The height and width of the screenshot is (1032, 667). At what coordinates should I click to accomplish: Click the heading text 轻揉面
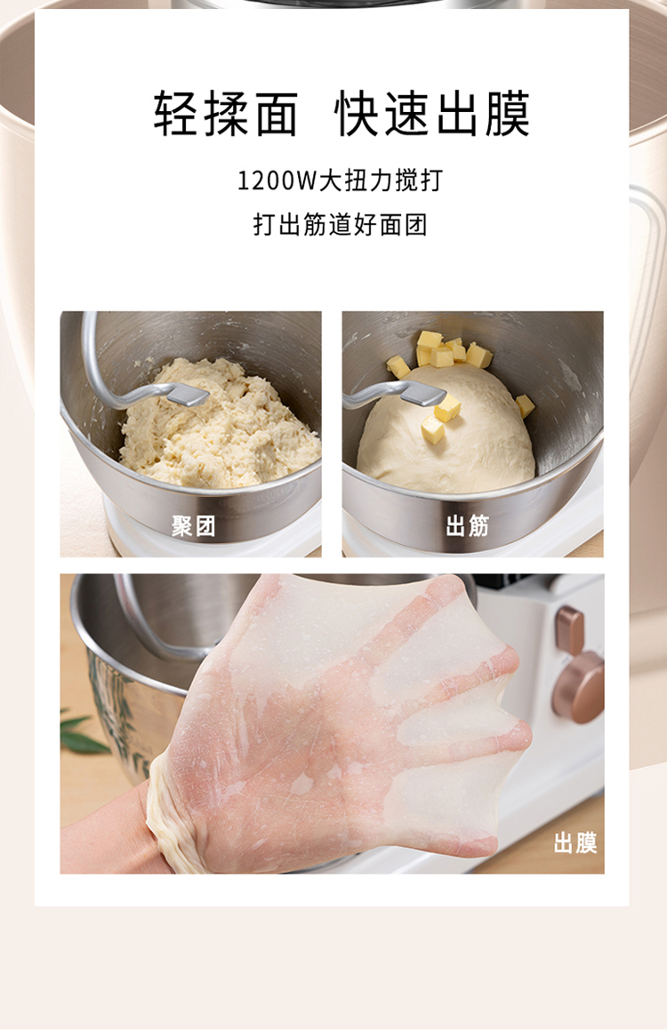(x=226, y=113)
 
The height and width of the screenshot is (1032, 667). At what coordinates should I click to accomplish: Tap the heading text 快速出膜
(x=432, y=113)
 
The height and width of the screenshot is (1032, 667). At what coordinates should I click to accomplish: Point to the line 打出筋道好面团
(x=341, y=224)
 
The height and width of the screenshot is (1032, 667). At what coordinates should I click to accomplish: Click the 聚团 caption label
(x=194, y=526)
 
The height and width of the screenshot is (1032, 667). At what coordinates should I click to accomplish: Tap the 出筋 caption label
(x=468, y=526)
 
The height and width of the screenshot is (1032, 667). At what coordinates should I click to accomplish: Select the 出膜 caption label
(x=575, y=843)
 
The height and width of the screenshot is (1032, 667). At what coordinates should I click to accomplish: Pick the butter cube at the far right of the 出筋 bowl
(x=525, y=404)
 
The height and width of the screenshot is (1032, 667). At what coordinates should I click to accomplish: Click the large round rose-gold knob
(x=578, y=688)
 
